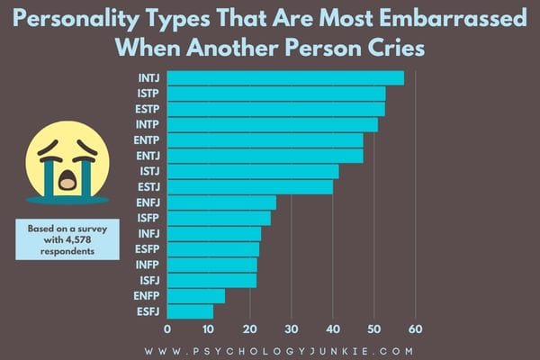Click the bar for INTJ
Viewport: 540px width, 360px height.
click(x=285, y=78)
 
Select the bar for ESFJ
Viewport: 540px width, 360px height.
click(x=190, y=311)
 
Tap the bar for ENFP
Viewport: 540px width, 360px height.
click(x=195, y=296)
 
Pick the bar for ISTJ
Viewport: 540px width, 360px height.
click(x=253, y=171)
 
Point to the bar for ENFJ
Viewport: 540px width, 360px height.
click(x=221, y=202)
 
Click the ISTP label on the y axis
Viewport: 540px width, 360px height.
click(x=148, y=94)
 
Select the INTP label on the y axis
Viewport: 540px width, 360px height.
click(x=148, y=125)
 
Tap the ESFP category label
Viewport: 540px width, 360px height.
click(x=148, y=249)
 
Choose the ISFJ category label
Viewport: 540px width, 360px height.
click(x=148, y=281)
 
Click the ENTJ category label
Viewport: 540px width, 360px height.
click(x=148, y=156)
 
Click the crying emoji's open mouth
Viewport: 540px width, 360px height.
click(x=67, y=179)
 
